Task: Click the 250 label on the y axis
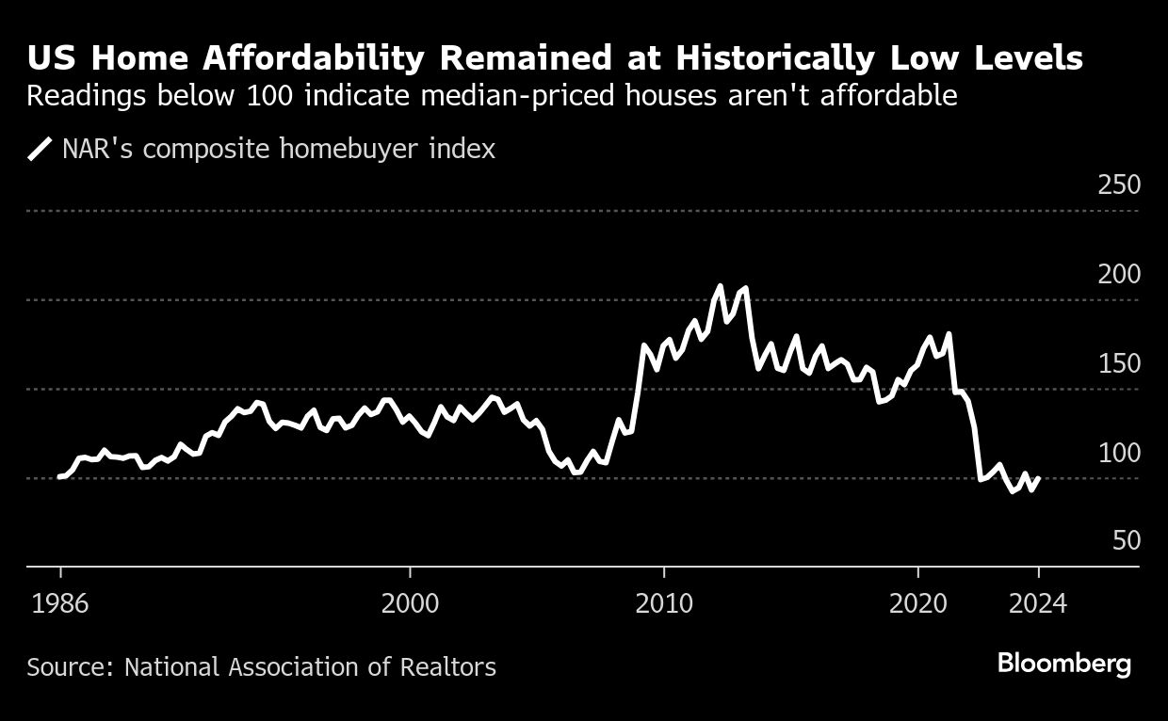click(1119, 184)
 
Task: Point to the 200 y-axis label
click(1119, 274)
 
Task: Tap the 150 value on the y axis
click(1119, 363)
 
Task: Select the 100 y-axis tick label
click(1119, 453)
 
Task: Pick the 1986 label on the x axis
click(60, 603)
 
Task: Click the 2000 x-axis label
click(411, 603)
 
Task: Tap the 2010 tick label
click(664, 603)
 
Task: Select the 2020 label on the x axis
click(917, 603)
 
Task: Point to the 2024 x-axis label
click(1038, 603)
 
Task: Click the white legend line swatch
click(40, 149)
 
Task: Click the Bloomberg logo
click(1064, 664)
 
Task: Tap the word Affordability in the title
click(290, 59)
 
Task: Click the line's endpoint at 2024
click(1038, 478)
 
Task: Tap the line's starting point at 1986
click(59, 476)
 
